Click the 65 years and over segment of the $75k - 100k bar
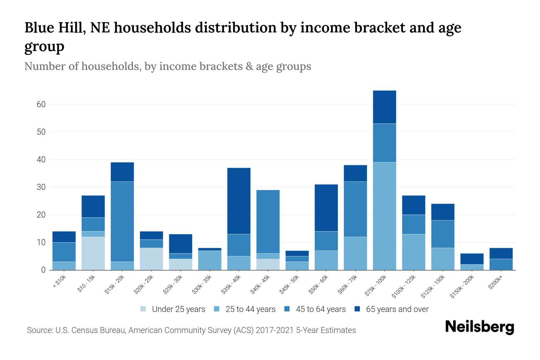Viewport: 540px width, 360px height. [384, 107]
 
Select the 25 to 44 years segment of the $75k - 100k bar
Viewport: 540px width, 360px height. [384, 216]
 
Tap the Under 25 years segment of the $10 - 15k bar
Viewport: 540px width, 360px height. [93, 253]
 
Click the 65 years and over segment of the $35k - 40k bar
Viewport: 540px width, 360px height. [239, 201]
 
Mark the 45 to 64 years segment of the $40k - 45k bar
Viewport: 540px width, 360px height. [268, 221]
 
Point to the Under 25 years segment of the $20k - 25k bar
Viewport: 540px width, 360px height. [151, 259]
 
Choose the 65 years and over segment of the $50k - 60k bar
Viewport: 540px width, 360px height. [326, 208]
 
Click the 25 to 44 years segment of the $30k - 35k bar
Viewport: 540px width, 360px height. [210, 260]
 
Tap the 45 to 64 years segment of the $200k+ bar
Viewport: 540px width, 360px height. [501, 264]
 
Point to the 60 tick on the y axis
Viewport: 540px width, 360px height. [41, 104]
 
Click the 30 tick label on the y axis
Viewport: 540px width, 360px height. [41, 187]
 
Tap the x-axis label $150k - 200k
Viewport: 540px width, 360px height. [462, 287]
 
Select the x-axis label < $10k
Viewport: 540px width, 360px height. [60, 282]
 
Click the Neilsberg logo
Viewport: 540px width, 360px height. [479, 327]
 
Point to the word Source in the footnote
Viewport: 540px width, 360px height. [39, 330]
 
